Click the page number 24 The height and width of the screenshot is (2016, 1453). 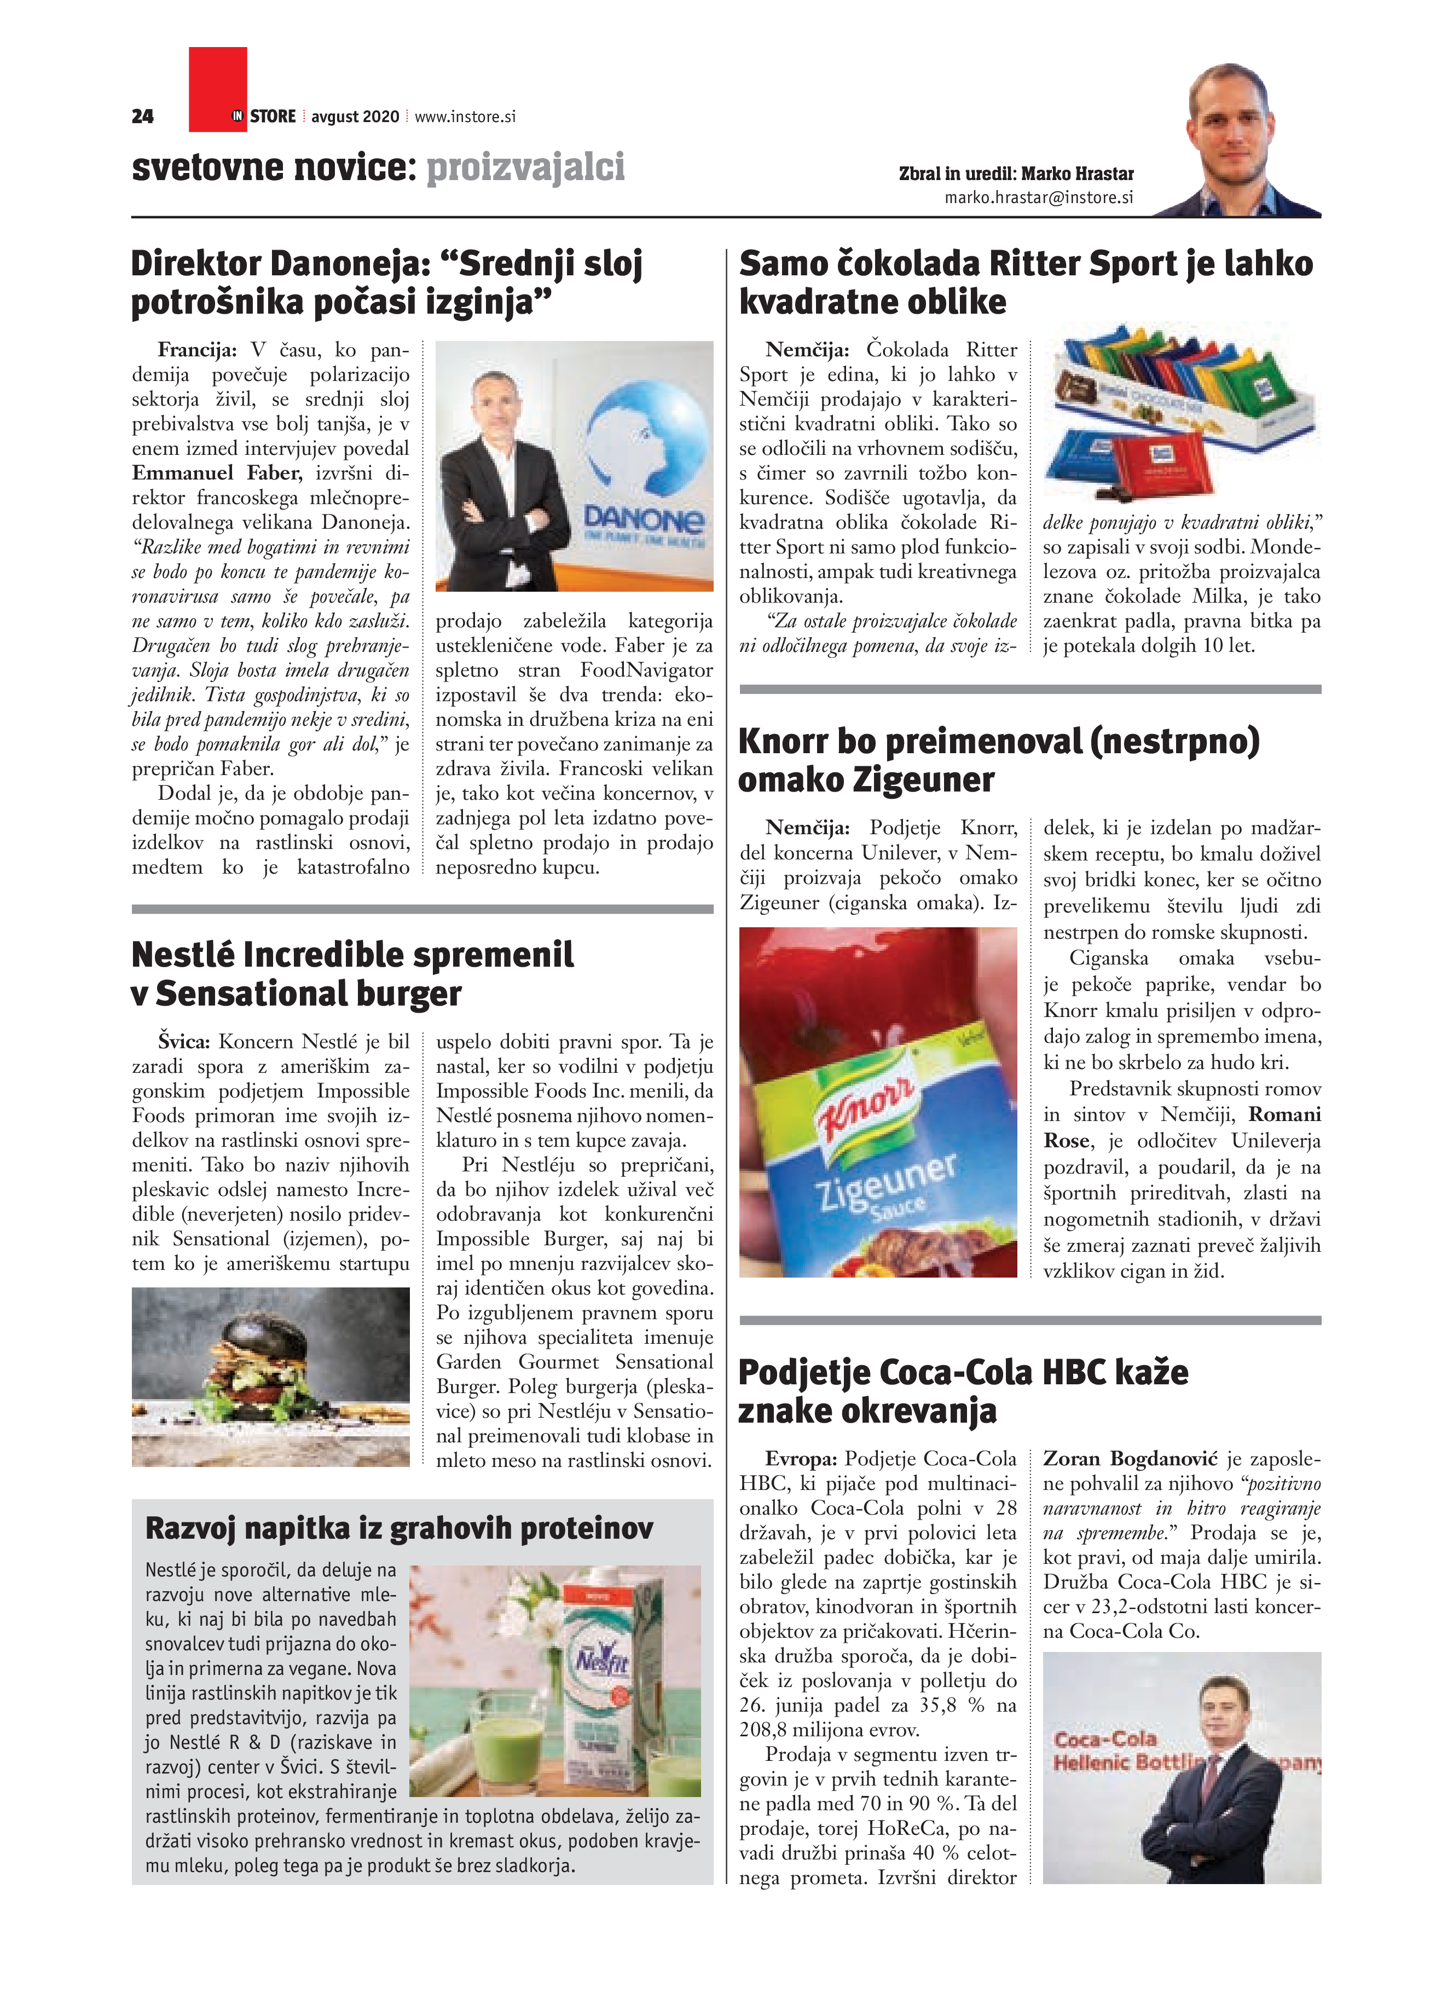pyautogui.click(x=142, y=117)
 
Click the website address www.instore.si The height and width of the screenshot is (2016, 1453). pyautogui.click(x=465, y=117)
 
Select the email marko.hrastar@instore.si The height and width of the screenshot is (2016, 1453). pyautogui.click(x=1038, y=198)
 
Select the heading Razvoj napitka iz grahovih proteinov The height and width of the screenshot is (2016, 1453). pyautogui.click(x=399, y=1528)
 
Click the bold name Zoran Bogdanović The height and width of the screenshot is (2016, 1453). pyautogui.click(x=1131, y=1459)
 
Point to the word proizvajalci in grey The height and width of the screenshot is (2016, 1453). pyautogui.click(x=525, y=167)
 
